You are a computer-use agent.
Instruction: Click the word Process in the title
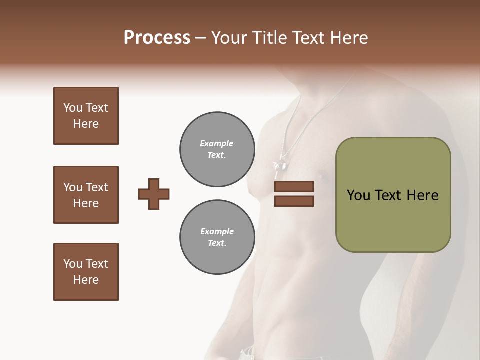pos(157,38)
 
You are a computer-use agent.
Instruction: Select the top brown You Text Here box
pos(86,116)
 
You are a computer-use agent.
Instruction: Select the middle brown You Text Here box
pos(86,195)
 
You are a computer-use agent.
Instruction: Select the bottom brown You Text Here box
pos(86,272)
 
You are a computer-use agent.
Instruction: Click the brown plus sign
pos(154,194)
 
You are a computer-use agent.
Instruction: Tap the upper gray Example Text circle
pos(217,149)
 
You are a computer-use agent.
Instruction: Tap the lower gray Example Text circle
pos(217,237)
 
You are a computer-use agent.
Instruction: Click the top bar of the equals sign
pos(294,187)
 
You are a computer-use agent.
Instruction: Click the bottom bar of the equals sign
pos(294,201)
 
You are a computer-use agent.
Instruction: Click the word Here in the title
pos(347,38)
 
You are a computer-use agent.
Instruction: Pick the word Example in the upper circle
pos(217,143)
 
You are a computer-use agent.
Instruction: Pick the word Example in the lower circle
pos(217,231)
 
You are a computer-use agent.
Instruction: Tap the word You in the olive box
pos(358,195)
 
